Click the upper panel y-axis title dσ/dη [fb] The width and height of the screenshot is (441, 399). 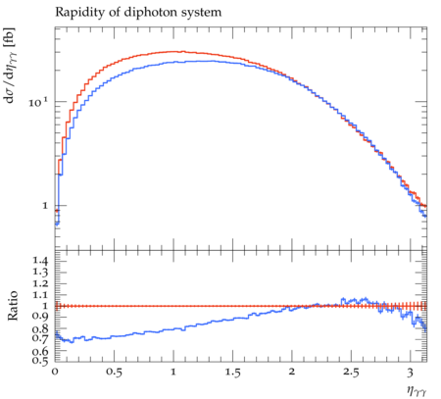(x=10, y=65)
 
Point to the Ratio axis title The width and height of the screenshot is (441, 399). (x=13, y=306)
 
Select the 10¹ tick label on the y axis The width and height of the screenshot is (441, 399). (x=38, y=102)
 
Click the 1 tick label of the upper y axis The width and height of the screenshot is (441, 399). (x=45, y=206)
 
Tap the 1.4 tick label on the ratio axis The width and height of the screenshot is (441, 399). (x=40, y=261)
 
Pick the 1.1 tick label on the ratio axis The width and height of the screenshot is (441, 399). (x=40, y=295)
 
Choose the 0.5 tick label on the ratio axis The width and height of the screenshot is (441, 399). (x=40, y=361)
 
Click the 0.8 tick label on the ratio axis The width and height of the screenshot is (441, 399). (x=40, y=328)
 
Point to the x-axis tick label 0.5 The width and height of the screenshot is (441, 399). (x=114, y=373)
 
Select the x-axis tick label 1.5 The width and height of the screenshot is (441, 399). (x=232, y=373)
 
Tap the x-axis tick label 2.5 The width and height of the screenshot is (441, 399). (x=351, y=373)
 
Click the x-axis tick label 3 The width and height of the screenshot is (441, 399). (x=411, y=373)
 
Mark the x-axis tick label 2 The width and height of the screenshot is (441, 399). (x=292, y=372)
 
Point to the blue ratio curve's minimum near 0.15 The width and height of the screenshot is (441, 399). (x=73, y=342)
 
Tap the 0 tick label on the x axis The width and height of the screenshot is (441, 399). (x=55, y=372)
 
